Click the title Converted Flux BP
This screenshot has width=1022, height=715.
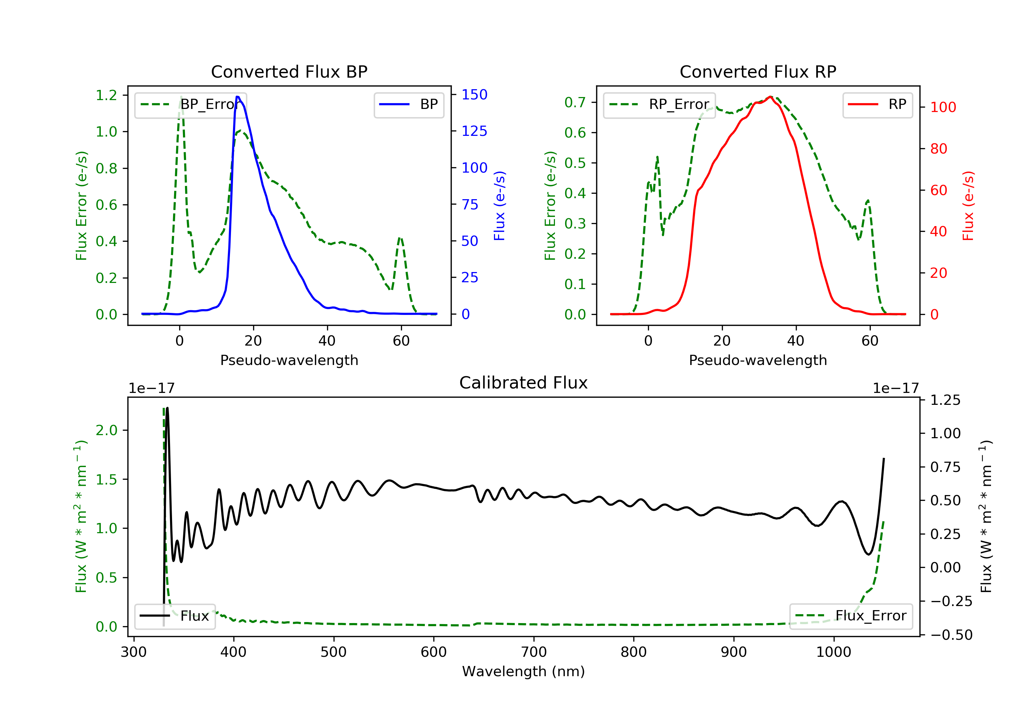pos(289,71)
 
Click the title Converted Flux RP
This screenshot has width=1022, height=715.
pos(758,71)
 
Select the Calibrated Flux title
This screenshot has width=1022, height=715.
pos(524,383)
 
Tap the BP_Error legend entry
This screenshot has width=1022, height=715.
pos(190,105)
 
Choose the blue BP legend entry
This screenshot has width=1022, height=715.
pos(408,105)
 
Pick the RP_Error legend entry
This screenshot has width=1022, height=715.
pos(659,105)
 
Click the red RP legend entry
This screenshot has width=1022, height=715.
pos(877,105)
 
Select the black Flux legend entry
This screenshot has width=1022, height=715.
pos(174,616)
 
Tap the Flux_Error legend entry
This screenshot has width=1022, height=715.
pos(851,616)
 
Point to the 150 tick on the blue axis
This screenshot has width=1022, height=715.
pos(475,94)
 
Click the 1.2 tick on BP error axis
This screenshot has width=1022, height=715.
pos(106,95)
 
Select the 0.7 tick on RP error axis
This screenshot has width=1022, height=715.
pos(575,102)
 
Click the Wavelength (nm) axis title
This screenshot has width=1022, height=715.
pos(524,671)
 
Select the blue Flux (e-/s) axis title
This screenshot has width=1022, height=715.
pos(499,206)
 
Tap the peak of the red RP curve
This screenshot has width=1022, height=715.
pos(770,97)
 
